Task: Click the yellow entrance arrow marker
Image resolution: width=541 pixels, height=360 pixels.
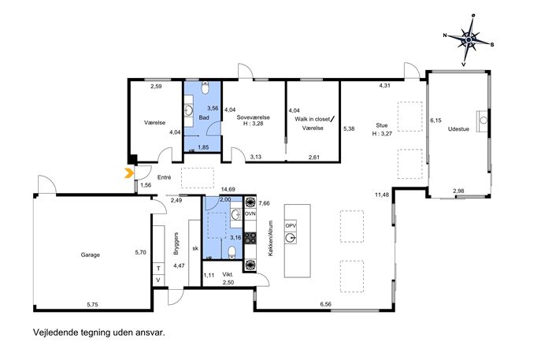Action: pos(128,173)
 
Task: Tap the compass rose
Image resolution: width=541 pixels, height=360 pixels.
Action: pos(469,40)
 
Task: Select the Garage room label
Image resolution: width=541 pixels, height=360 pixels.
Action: pos(91,254)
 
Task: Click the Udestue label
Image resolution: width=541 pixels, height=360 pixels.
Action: pos(458,129)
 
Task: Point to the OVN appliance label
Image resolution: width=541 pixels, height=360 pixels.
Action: pos(250,213)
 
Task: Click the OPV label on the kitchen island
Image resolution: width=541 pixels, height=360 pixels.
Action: pos(291,226)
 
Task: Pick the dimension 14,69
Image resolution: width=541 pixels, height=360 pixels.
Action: pos(228,189)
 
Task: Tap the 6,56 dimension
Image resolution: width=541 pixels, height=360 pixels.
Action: pos(326,304)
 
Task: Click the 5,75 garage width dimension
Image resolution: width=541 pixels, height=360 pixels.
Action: pos(92,304)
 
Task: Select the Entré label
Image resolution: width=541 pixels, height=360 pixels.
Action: pos(165,177)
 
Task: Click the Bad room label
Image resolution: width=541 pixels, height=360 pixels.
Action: pos(204,117)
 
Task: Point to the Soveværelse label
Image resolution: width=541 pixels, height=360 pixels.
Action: pos(254,117)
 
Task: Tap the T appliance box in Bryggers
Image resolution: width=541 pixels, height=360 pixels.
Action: pos(159,268)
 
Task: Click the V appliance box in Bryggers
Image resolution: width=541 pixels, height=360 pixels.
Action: pos(159,280)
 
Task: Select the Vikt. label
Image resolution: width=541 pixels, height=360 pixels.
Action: pos(228,275)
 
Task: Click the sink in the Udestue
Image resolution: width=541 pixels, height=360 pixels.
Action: pos(484,121)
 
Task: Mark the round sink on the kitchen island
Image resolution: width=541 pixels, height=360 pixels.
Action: pos(291,238)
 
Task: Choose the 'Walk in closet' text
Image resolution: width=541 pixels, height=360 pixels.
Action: pos(313,119)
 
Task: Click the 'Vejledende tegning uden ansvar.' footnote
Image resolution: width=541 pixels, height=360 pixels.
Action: pos(99,332)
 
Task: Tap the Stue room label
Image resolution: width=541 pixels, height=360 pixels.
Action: pos(382,125)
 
